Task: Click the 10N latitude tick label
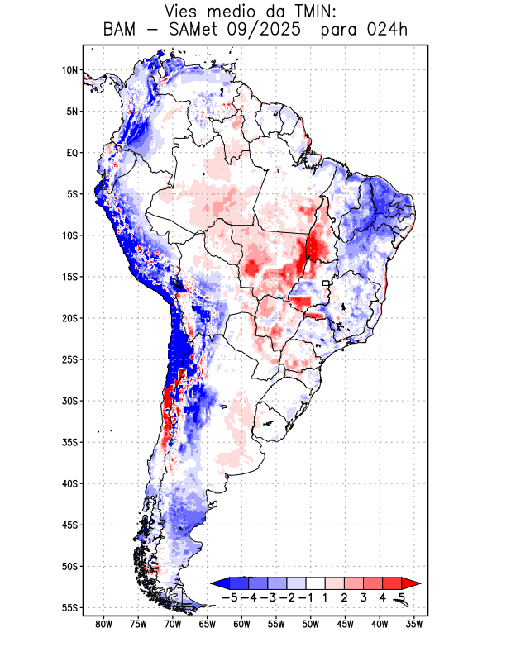coord(69,70)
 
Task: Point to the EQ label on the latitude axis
coord(72,153)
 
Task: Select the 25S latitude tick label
coord(69,359)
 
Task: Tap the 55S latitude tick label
coord(69,607)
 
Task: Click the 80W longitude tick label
coord(103,624)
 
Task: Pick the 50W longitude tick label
coord(310,624)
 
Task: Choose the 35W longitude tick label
coord(413,624)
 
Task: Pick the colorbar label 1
coord(326,597)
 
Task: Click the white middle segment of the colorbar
coord(315,583)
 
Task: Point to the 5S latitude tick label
coord(72,194)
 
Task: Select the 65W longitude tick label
coord(207,624)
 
